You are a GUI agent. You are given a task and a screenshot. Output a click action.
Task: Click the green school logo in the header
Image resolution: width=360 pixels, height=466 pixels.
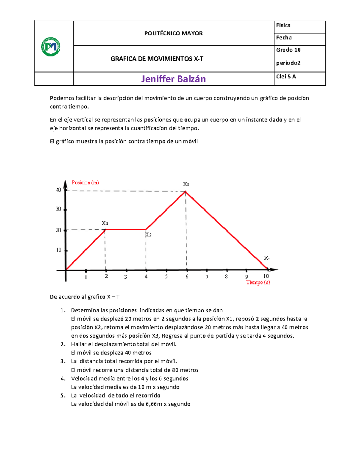coord(51,47)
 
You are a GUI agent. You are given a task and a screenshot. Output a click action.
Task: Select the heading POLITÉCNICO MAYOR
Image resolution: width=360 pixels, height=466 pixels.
coord(173,33)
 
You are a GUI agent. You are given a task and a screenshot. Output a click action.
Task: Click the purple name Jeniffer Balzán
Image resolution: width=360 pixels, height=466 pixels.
coord(173,79)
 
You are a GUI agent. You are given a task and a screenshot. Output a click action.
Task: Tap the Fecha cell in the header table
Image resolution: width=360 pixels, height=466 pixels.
coord(284,38)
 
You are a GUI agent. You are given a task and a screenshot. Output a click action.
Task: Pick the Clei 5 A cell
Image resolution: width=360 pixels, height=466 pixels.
coord(286,77)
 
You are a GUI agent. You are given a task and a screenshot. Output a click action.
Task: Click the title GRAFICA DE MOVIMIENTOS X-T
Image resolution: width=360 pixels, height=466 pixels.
coord(157,59)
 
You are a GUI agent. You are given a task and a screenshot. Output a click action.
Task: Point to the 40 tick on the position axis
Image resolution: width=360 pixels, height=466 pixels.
coord(58,190)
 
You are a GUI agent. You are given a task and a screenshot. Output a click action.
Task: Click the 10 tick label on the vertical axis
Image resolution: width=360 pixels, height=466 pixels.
coord(58,250)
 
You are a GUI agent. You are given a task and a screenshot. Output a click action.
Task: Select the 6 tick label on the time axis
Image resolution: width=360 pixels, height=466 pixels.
coord(187,277)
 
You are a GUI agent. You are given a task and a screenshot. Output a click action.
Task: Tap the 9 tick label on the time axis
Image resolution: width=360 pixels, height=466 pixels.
coord(247,277)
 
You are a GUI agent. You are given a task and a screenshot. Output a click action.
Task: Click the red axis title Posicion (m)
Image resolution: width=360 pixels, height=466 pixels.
coord(85,183)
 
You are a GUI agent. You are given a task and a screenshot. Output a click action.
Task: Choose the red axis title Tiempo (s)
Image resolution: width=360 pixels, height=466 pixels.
coord(258,282)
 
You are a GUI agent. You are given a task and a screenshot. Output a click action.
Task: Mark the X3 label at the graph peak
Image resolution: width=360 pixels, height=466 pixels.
coord(186,184)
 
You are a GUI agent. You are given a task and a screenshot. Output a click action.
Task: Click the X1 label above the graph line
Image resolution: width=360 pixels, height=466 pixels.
coord(105,223)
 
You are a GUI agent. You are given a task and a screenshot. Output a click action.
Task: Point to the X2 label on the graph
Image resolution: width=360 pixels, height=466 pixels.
coord(148,235)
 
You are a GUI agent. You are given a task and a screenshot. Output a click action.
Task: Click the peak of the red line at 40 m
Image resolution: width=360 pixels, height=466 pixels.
coord(186,191)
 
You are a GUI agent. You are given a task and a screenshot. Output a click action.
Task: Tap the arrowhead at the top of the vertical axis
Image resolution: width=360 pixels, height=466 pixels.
coord(65,182)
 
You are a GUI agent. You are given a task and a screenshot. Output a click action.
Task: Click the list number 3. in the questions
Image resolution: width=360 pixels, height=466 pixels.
coord(63,361)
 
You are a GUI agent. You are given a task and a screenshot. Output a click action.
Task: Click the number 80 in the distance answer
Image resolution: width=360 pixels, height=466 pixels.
coord(175,370)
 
